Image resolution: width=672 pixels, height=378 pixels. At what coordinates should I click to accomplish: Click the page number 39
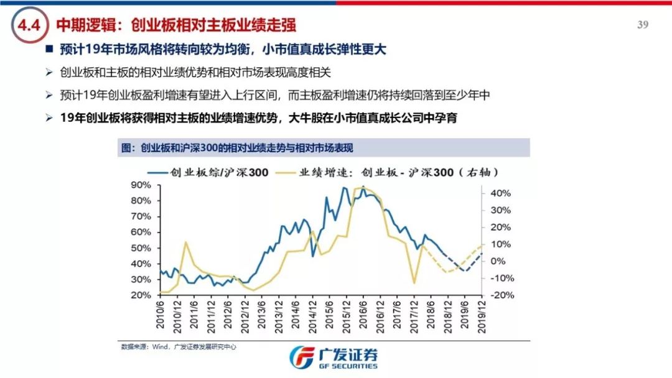[643, 25]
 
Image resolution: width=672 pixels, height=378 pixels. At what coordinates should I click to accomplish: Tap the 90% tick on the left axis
[141, 185]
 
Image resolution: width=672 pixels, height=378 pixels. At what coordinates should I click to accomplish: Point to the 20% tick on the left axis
[141, 295]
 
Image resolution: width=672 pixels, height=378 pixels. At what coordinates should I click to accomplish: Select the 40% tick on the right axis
[500, 193]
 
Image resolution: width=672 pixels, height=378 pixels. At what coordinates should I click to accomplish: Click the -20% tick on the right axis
[500, 295]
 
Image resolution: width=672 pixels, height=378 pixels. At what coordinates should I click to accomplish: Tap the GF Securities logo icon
[302, 357]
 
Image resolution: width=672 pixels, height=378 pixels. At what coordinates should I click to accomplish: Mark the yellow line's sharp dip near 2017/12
[414, 283]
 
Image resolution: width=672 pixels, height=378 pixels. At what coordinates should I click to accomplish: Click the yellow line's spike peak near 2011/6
[185, 242]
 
